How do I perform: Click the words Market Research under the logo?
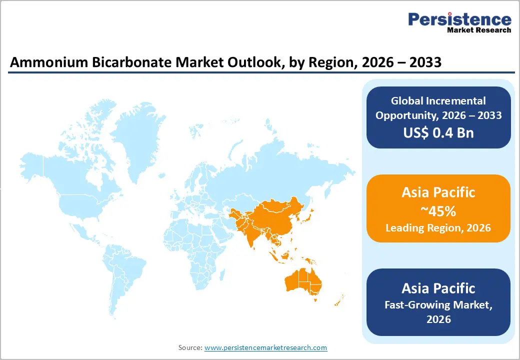[x=478, y=30]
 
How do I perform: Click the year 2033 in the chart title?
[x=424, y=62]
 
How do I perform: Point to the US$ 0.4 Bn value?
[x=438, y=132]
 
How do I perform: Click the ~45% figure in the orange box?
[x=438, y=211]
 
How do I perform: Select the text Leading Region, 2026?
[x=438, y=228]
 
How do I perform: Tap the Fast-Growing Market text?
[x=438, y=304]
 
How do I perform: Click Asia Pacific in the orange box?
[x=438, y=192]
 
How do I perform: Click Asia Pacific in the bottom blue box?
[x=438, y=288]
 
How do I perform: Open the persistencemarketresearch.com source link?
[x=265, y=347]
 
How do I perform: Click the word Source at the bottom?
[x=190, y=347]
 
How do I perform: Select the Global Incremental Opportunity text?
[x=438, y=108]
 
